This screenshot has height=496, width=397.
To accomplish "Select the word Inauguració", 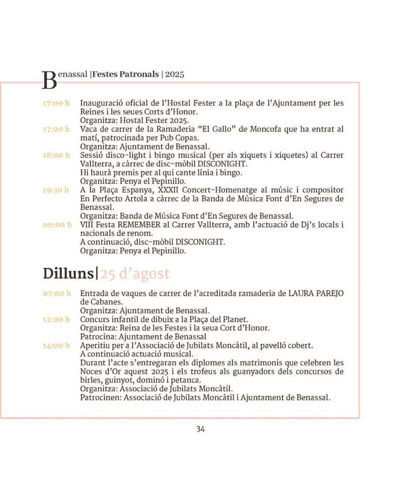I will pos(102,104).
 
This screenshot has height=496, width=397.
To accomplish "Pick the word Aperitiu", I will pos(96,346).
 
